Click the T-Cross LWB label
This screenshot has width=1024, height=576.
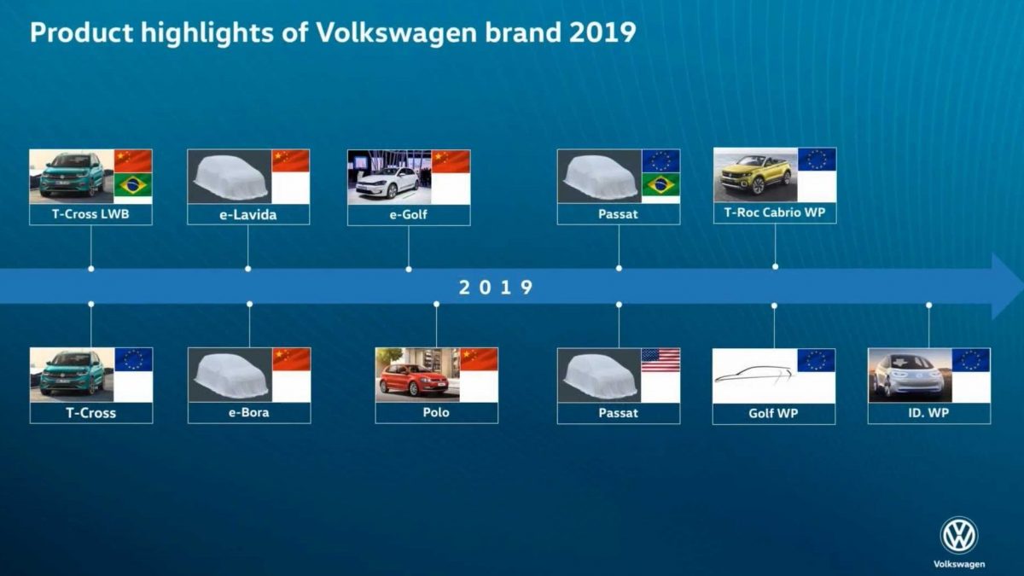tap(90, 214)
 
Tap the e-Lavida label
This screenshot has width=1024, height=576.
tap(247, 215)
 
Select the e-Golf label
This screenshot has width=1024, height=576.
tap(408, 215)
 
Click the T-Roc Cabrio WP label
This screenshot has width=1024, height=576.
tap(774, 213)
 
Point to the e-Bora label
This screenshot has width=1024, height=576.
tap(248, 413)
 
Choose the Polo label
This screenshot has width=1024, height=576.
tap(436, 413)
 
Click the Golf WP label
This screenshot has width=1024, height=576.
tap(773, 414)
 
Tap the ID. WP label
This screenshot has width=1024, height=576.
tap(928, 414)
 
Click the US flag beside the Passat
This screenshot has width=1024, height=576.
tap(660, 361)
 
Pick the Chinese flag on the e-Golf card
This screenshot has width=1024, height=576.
tap(451, 162)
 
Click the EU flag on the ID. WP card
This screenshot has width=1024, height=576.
tap(971, 360)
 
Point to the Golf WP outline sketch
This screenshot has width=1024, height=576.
tap(753, 375)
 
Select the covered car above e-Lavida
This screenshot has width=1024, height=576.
tap(228, 177)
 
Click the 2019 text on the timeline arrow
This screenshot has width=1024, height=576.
tap(496, 288)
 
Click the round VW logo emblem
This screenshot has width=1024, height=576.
tap(958, 536)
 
